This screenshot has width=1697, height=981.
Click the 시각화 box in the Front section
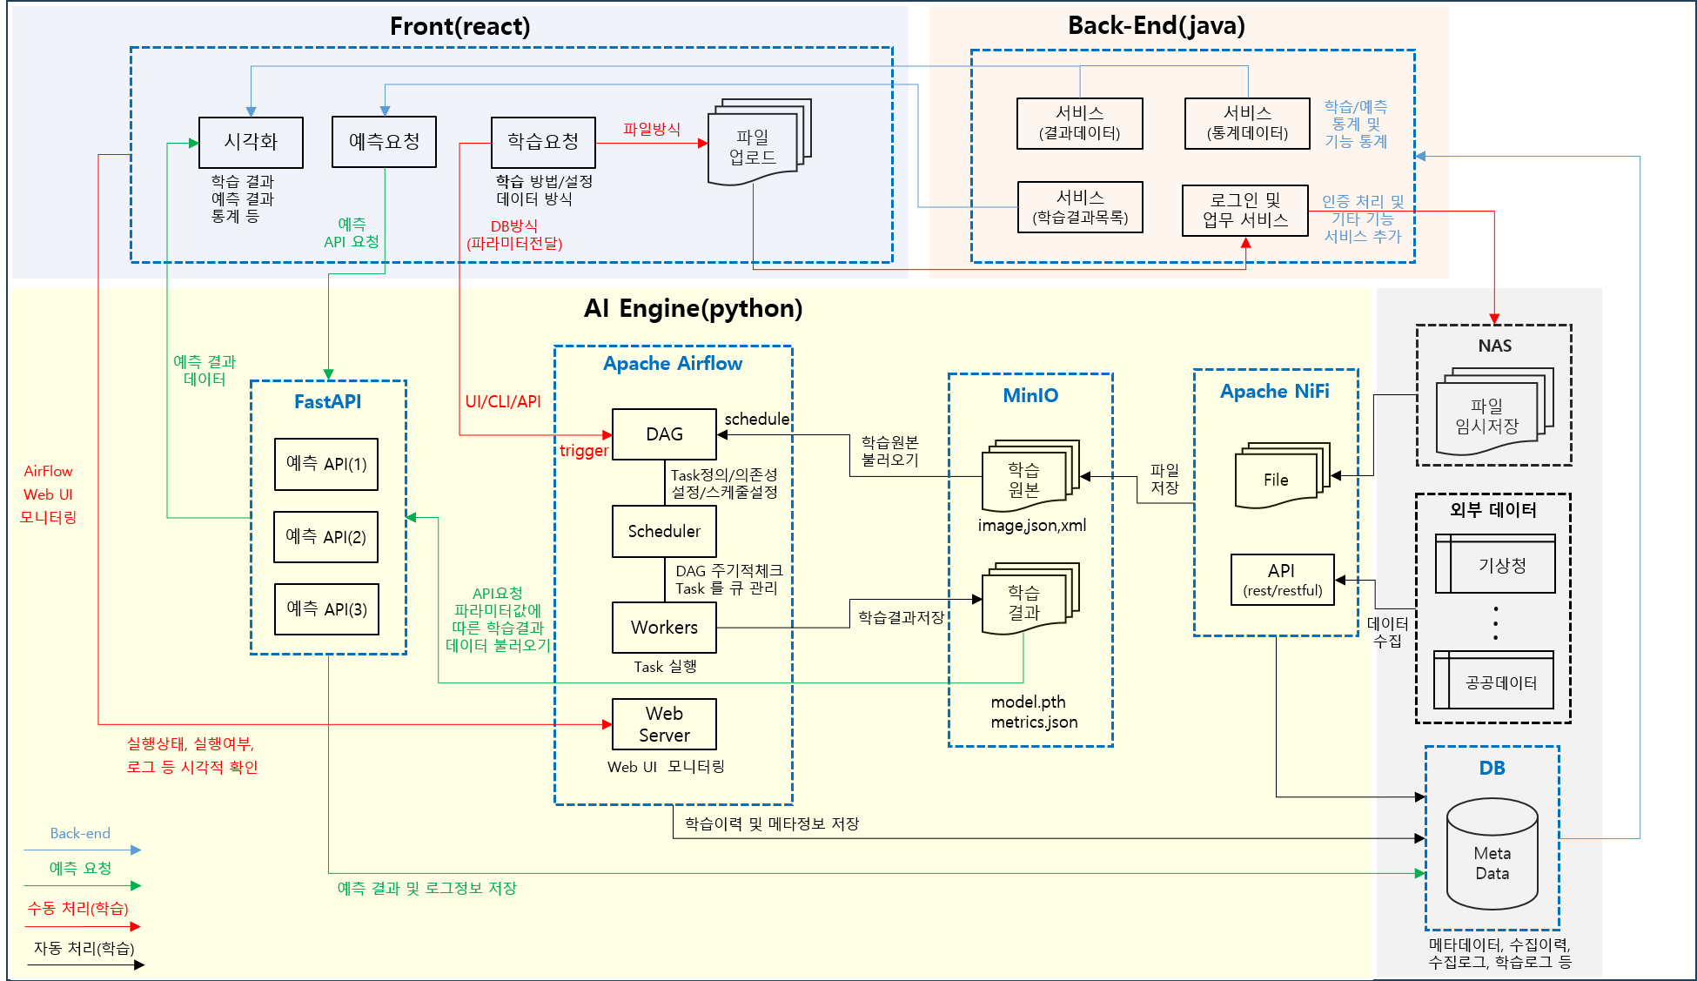tap(251, 143)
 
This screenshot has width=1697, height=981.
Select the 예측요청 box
tap(384, 142)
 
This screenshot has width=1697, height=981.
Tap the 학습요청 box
tap(543, 143)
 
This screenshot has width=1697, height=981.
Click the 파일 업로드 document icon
tap(755, 146)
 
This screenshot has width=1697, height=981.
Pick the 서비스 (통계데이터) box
tap(1247, 124)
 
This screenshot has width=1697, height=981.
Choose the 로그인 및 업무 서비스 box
tap(1245, 211)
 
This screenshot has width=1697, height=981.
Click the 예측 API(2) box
tap(326, 537)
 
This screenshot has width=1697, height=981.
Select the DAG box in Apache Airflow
tap(664, 434)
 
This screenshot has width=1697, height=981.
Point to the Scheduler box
tap(664, 531)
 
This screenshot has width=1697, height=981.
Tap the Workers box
tap(664, 628)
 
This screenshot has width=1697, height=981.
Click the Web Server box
tap(664, 724)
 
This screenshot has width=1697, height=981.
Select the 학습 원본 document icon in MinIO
tap(1025, 479)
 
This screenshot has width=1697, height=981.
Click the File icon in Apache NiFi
tap(1278, 479)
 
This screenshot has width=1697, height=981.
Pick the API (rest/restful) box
tap(1282, 580)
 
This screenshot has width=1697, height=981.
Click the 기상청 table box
tap(1495, 565)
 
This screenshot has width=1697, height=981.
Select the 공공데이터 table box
tap(1494, 682)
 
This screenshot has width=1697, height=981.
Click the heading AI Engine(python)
tap(693, 309)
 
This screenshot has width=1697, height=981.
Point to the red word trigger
tap(583, 451)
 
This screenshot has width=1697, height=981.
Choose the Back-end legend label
tap(80, 834)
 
